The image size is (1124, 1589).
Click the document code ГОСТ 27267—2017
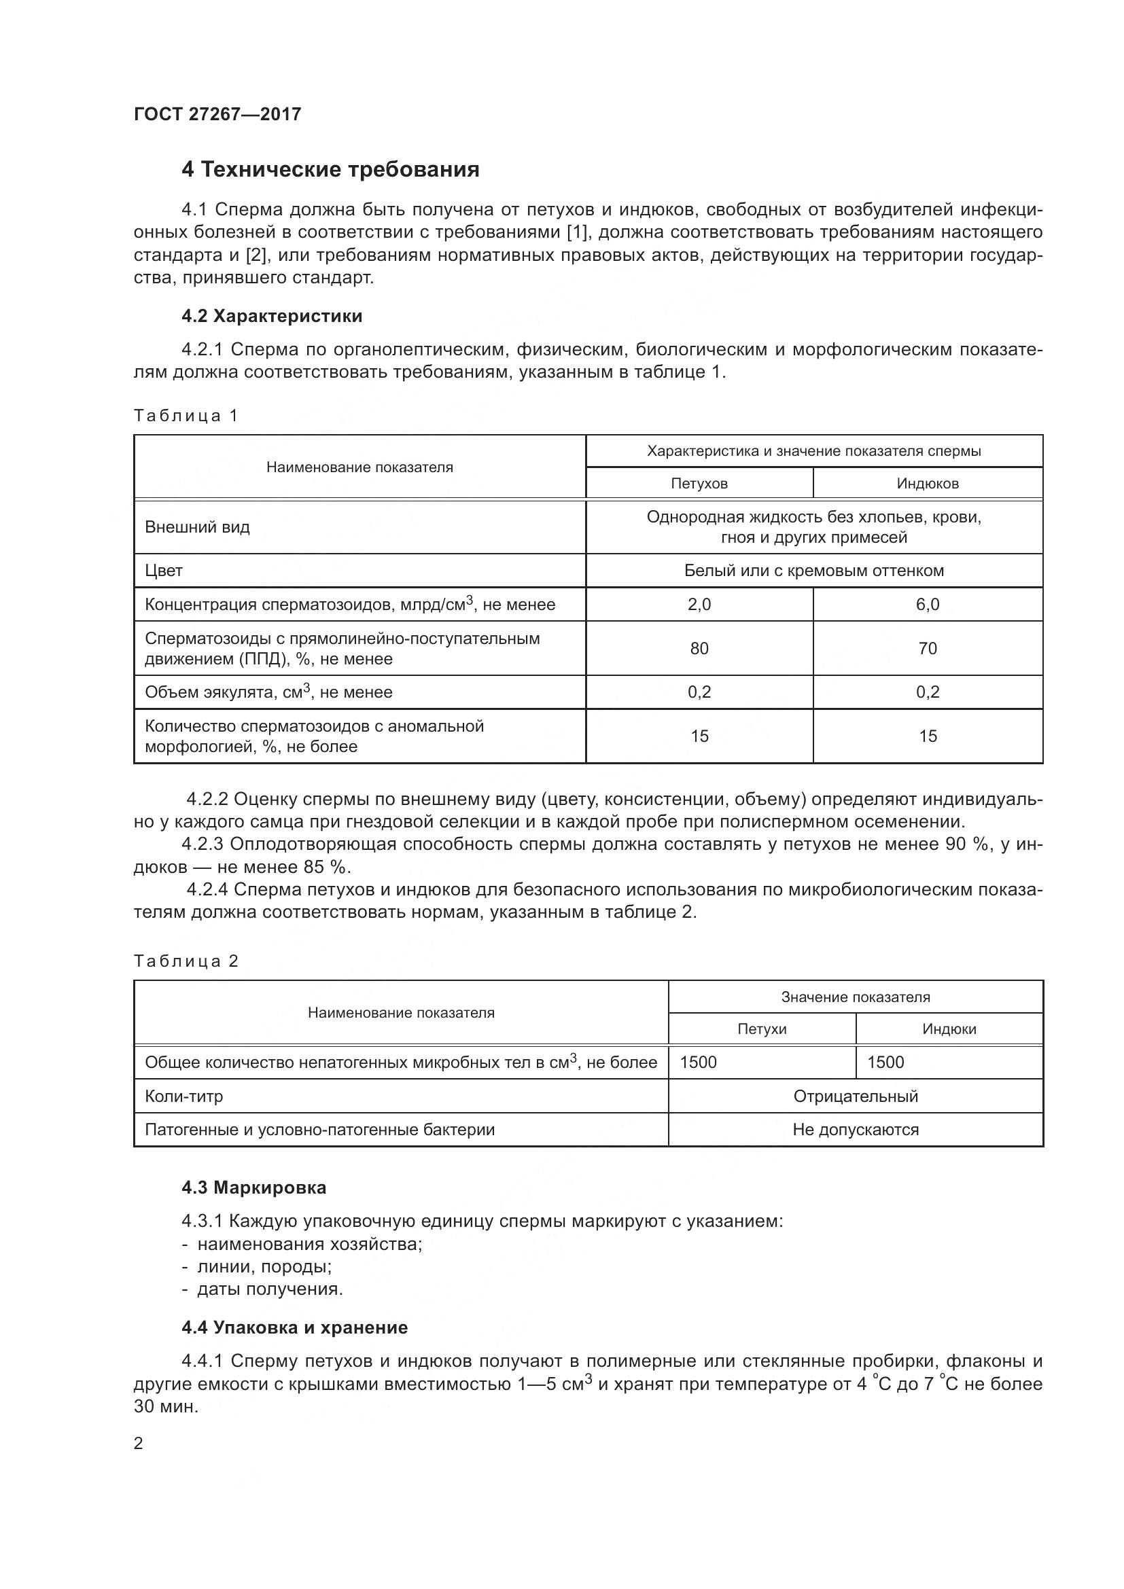pyautogui.click(x=217, y=114)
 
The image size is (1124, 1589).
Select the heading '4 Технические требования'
pyautogui.click(x=330, y=170)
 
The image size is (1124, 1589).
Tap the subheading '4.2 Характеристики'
pyautogui.click(x=272, y=317)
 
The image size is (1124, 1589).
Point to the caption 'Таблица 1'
pyautogui.click(x=186, y=415)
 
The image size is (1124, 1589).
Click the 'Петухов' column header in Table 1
pyautogui.click(x=699, y=483)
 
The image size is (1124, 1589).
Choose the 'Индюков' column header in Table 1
pyautogui.click(x=928, y=483)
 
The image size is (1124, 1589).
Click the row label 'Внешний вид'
pyautogui.click(x=197, y=527)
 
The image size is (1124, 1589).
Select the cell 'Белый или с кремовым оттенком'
pyautogui.click(x=814, y=571)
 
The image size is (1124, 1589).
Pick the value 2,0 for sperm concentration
pyautogui.click(x=699, y=605)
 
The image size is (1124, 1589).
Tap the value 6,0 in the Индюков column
pyautogui.click(x=928, y=605)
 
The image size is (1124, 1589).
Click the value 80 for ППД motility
pyautogui.click(x=699, y=649)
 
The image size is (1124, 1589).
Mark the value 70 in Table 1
pyautogui.click(x=928, y=649)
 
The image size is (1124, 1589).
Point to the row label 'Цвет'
pyautogui.click(x=164, y=571)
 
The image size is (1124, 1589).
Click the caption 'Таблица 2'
pyautogui.click(x=186, y=961)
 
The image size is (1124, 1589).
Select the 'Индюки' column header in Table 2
pyautogui.click(x=949, y=1029)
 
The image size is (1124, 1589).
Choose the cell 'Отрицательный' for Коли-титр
pyautogui.click(x=856, y=1096)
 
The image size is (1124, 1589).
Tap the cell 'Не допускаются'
pyautogui.click(x=856, y=1130)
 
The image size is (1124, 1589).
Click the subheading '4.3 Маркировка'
pyautogui.click(x=254, y=1188)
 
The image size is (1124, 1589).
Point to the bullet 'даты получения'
pyautogui.click(x=270, y=1289)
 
